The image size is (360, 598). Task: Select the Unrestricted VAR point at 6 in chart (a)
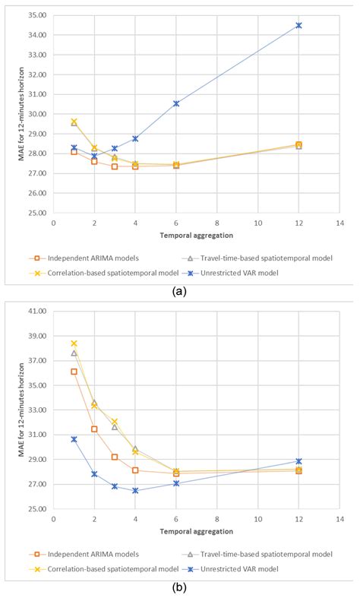click(x=176, y=103)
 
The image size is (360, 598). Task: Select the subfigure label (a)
click(x=179, y=291)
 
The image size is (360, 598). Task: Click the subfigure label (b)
click(x=179, y=587)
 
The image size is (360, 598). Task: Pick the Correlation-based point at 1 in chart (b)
click(x=74, y=343)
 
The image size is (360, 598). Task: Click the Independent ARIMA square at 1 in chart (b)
click(x=74, y=372)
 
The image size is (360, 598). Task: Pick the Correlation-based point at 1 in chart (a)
click(x=74, y=122)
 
